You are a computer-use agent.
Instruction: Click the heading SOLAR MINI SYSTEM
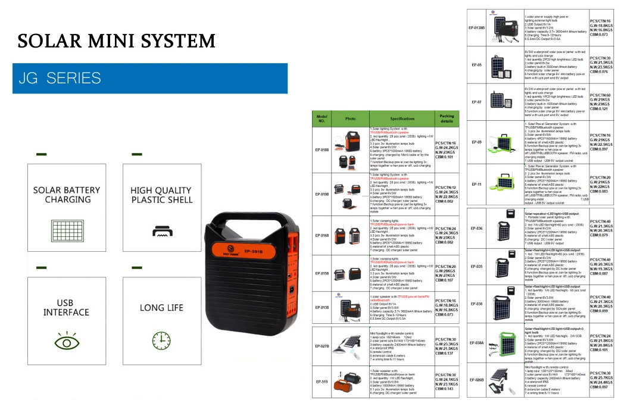point(116,41)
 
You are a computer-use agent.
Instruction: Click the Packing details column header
point(447,119)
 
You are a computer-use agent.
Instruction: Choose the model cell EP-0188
point(322,149)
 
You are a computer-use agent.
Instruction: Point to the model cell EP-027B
point(322,346)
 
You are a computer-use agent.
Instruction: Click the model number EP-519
point(322,381)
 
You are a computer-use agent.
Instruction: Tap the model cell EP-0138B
point(476,28)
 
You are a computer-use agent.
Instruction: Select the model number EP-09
point(476,142)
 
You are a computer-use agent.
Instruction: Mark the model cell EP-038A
point(476,343)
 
